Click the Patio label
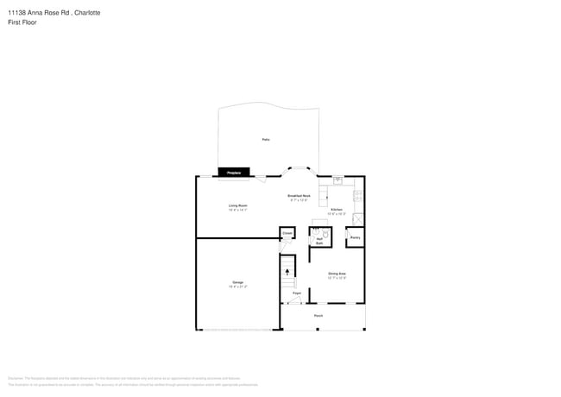(265, 139)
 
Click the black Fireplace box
(234, 173)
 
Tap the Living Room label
(237, 205)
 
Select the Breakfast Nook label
(299, 195)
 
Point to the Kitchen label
(337, 210)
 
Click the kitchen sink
(338, 180)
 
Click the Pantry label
(355, 237)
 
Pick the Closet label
(287, 233)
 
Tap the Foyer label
(296, 293)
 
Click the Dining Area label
(337, 274)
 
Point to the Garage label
(237, 282)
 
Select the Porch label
(318, 316)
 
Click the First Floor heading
(24, 22)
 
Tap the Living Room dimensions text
(237, 210)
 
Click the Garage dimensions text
(237, 287)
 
